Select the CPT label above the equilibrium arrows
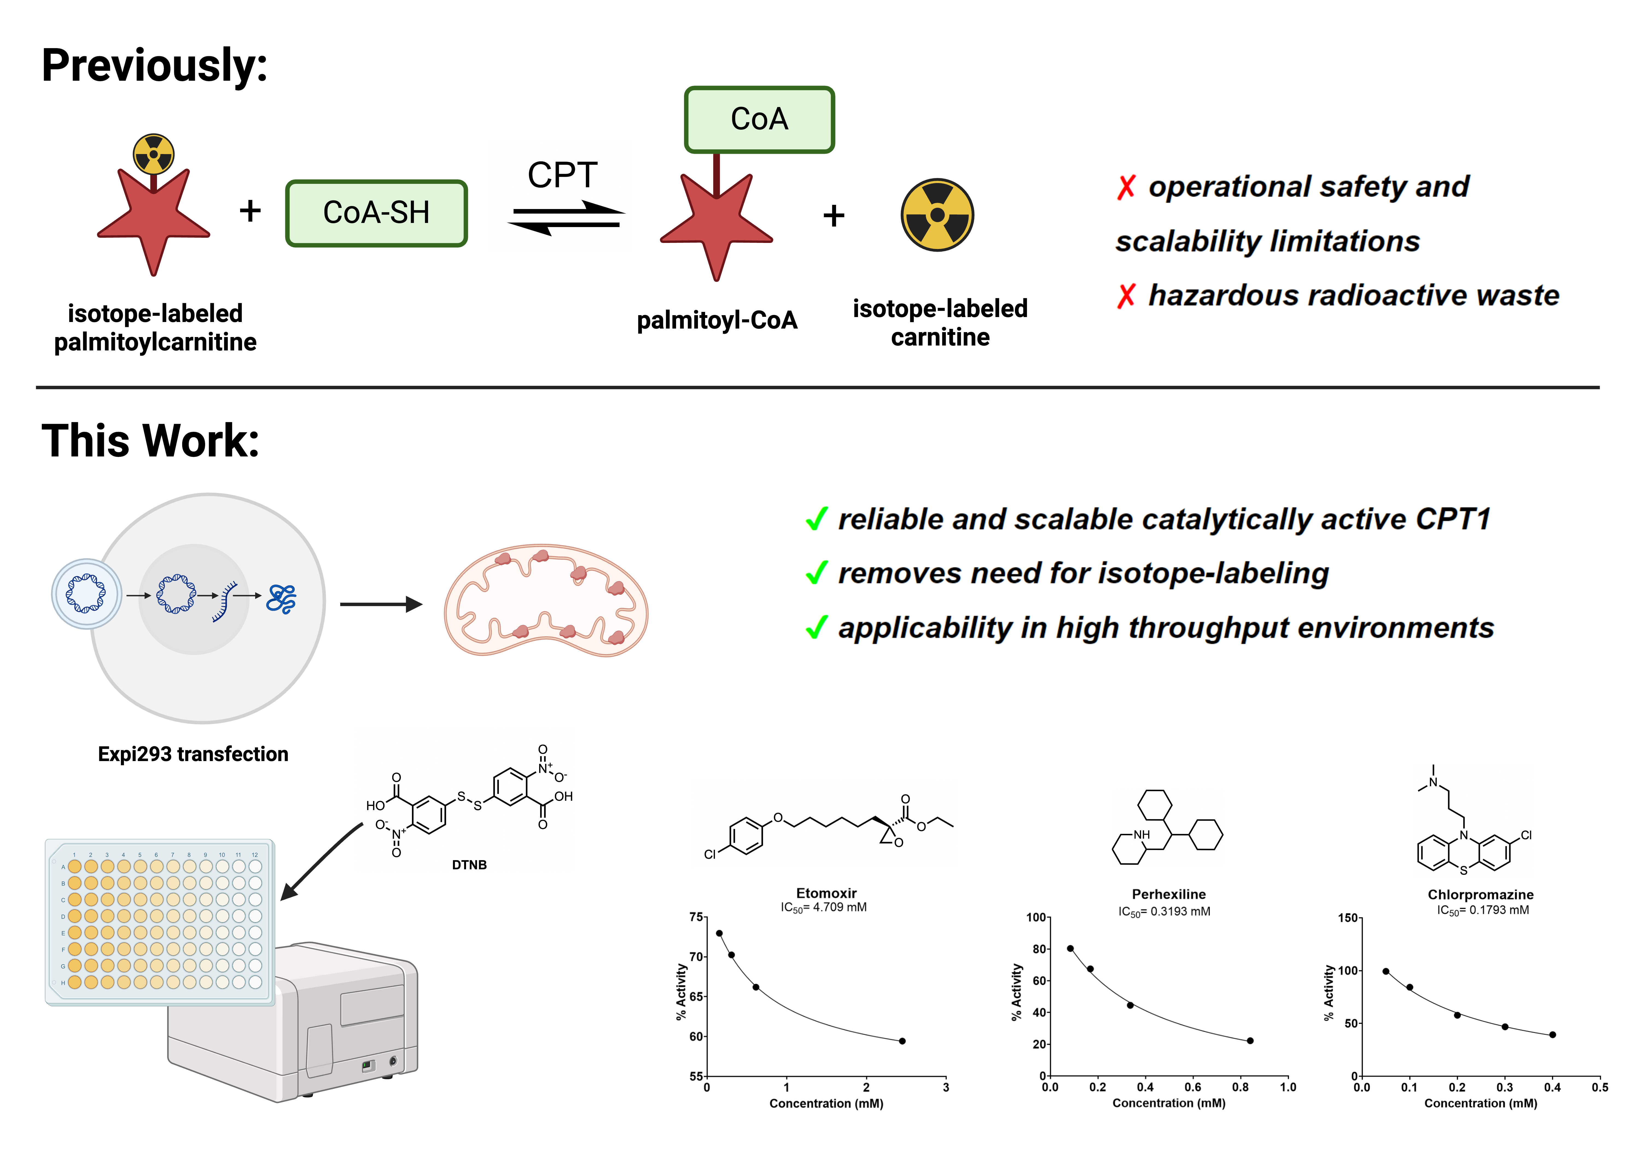coord(563,175)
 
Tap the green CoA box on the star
coord(759,119)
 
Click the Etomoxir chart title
coord(826,893)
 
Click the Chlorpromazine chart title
coord(1480,895)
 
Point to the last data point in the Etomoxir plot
coord(902,1041)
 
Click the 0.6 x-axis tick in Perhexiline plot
coord(1193,1087)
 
